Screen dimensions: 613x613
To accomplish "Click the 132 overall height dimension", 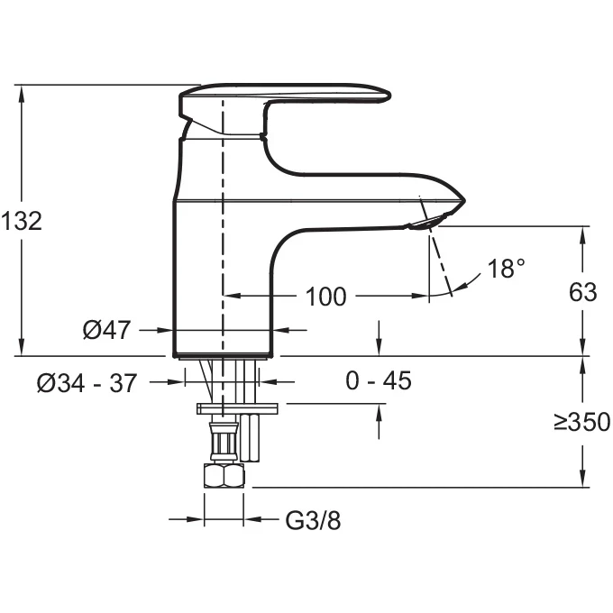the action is [x=22, y=221].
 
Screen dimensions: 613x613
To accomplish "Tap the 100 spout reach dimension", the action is [x=325, y=297].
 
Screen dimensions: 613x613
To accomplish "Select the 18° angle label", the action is [x=507, y=269].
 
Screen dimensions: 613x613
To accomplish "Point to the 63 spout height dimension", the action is [x=583, y=292].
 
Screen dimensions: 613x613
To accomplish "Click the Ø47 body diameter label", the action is [x=106, y=330].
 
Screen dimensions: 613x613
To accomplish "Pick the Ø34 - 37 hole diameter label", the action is [x=87, y=383].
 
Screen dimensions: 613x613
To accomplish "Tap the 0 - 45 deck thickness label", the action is [x=379, y=380].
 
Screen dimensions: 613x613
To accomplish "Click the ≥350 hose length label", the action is [x=582, y=422].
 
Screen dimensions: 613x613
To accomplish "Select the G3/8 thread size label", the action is [x=313, y=520].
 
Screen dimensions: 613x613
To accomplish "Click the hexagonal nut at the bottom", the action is [x=224, y=475].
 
